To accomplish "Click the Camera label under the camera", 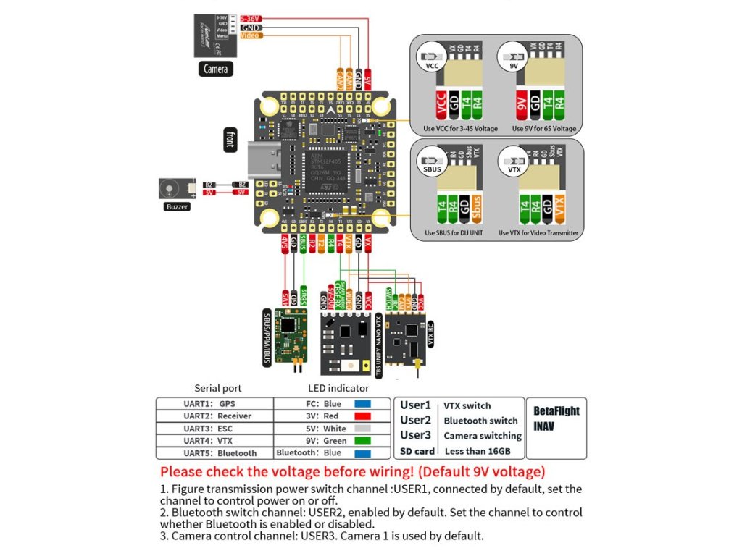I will click(x=215, y=69).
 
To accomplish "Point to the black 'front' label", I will click(x=229, y=140).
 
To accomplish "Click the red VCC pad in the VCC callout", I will click(x=441, y=105).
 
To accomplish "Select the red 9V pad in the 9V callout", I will click(x=520, y=105).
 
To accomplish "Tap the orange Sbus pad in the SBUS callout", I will click(x=476, y=208).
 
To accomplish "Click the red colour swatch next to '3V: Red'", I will click(x=362, y=416).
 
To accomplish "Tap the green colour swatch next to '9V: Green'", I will click(x=362, y=441).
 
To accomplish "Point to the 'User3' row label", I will click(x=416, y=435).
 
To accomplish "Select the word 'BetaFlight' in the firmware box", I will click(x=556, y=410).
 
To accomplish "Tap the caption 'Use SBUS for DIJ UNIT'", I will click(x=452, y=233).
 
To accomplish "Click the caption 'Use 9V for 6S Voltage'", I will click(x=544, y=129).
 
